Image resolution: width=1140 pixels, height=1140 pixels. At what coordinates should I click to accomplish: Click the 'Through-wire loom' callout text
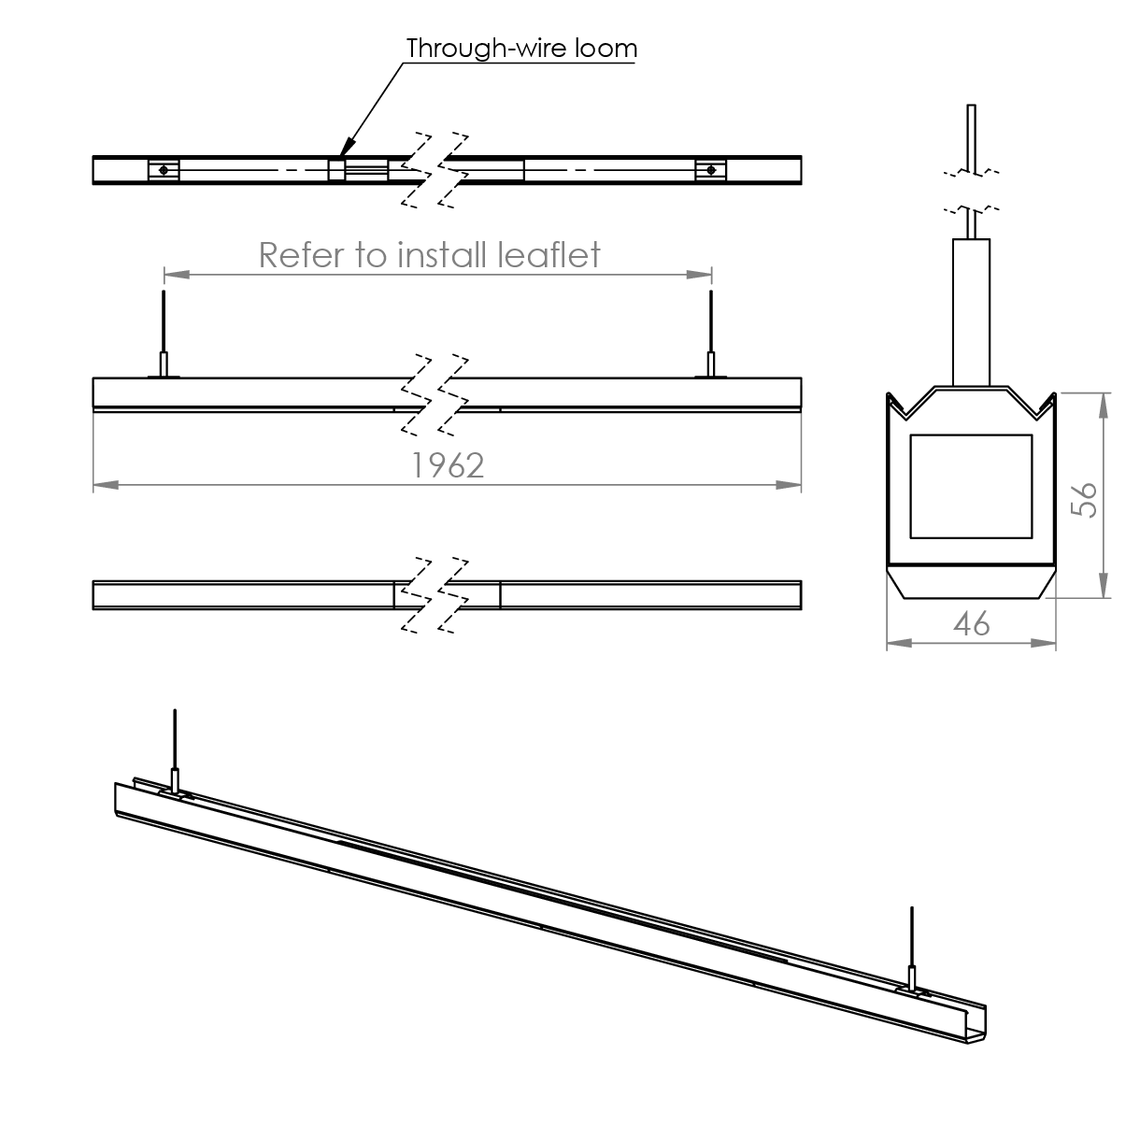(521, 48)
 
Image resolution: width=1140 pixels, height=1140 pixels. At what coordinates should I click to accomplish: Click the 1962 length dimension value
(448, 464)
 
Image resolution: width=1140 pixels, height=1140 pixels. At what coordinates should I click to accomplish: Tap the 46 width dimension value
(971, 623)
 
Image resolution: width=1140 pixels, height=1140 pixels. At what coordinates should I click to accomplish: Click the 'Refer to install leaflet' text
(429, 254)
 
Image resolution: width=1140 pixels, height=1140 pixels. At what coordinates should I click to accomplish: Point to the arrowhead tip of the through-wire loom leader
(343, 153)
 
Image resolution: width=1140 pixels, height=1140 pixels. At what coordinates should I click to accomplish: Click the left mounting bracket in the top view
(164, 169)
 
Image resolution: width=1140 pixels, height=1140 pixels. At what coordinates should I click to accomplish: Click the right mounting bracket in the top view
(711, 169)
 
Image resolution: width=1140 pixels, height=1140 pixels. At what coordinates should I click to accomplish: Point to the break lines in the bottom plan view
(435, 594)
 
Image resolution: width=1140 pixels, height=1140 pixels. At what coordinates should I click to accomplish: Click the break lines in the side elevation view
(435, 393)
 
